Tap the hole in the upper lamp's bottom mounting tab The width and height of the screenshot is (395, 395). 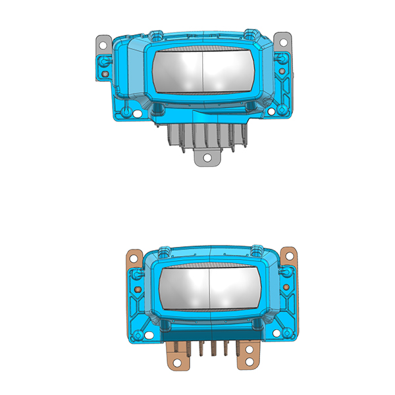click(x=207, y=158)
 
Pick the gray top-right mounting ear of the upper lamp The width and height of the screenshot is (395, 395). click(x=282, y=40)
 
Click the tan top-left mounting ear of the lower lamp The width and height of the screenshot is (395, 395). click(x=134, y=258)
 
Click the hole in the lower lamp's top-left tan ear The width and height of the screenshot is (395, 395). click(x=133, y=254)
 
